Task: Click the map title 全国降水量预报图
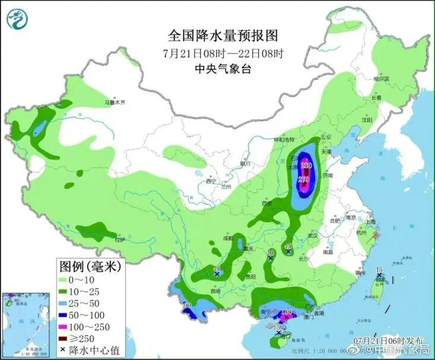[223, 36]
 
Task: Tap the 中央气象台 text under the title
[223, 69]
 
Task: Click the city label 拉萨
[120, 240]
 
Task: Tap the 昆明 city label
[215, 290]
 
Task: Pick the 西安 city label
[266, 204]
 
